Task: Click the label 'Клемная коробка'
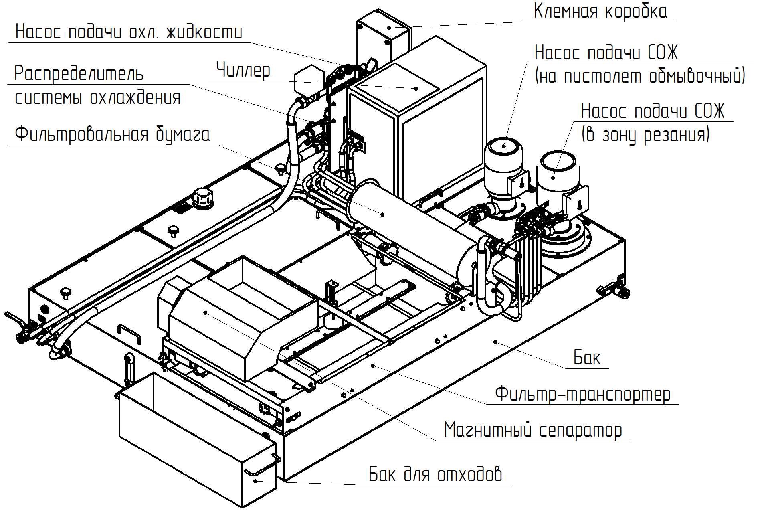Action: point(600,12)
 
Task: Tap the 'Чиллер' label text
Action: point(243,70)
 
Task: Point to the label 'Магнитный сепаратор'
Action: point(533,430)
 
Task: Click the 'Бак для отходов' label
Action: point(435,474)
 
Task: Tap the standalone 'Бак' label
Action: point(587,358)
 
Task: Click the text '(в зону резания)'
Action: point(645,135)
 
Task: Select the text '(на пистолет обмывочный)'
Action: point(640,76)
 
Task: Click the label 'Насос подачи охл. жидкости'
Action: point(129,32)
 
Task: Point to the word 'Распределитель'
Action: point(79,73)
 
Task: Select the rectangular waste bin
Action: point(196,441)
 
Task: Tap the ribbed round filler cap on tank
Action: point(202,198)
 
